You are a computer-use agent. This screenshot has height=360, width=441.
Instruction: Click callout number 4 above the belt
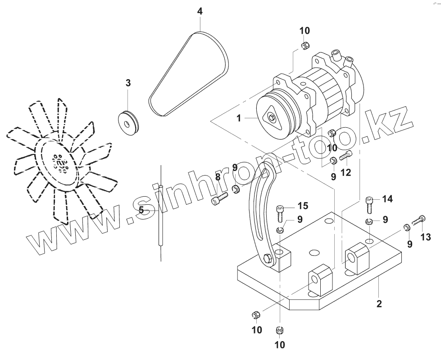point(200,11)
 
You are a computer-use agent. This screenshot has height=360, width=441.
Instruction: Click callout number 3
point(128,83)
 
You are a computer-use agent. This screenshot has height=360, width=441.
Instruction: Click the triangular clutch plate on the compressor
point(272,118)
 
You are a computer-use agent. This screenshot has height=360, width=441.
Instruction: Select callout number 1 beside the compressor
point(240,118)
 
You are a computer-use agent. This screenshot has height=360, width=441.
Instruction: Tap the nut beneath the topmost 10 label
point(304,45)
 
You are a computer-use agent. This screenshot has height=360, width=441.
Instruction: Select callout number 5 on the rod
point(141,210)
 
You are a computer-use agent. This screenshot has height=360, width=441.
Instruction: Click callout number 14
point(387,198)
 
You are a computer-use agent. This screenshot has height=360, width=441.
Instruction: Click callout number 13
point(426,237)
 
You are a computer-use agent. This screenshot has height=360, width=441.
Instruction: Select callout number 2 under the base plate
point(379,304)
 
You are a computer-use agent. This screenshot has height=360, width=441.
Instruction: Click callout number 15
point(303,206)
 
